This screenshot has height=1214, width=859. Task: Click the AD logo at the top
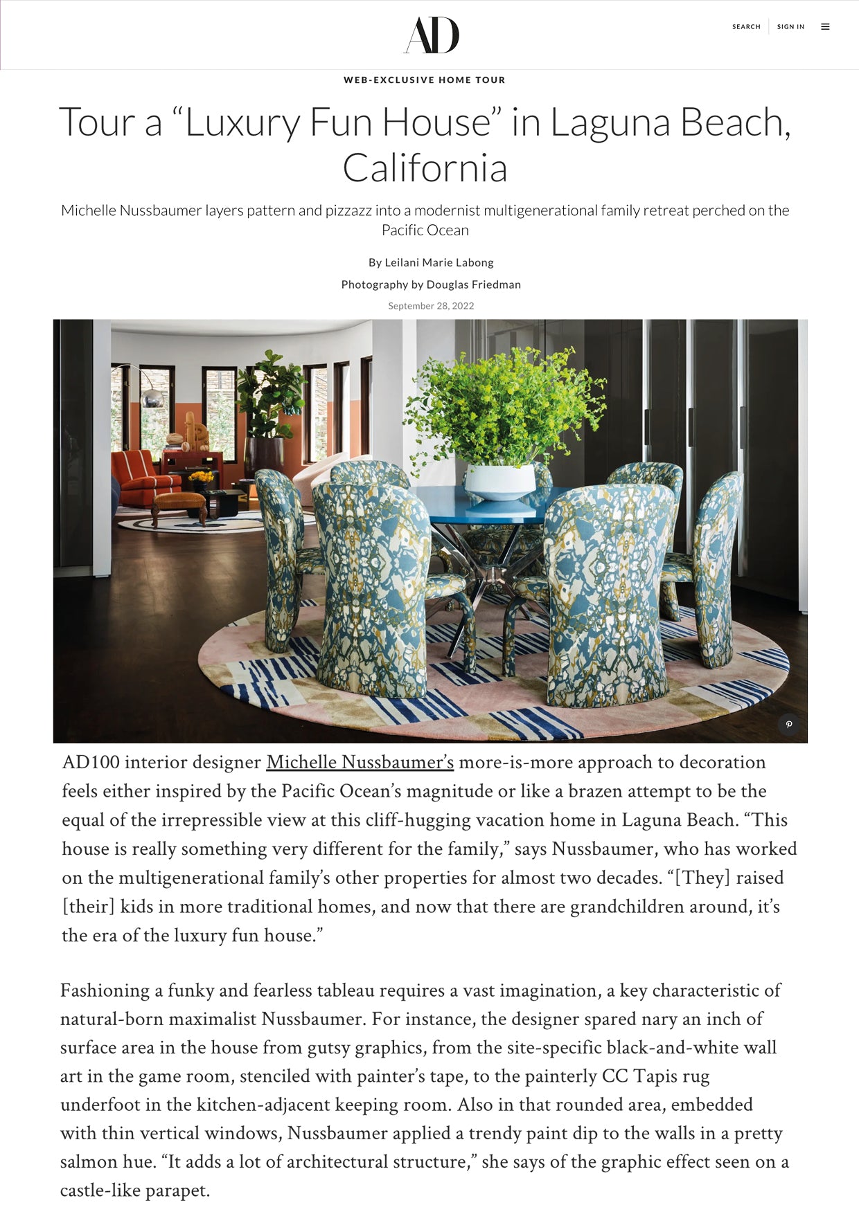pyautogui.click(x=431, y=35)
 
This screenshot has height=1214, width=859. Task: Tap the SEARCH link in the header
pyautogui.click(x=746, y=27)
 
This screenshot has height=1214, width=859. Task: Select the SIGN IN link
pyautogui.click(x=790, y=27)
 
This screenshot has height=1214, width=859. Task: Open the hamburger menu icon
pyautogui.click(x=825, y=27)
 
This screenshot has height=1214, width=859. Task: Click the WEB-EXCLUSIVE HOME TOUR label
pyautogui.click(x=424, y=80)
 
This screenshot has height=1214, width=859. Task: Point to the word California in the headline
pyautogui.click(x=425, y=168)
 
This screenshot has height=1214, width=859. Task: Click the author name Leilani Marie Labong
pyautogui.click(x=439, y=263)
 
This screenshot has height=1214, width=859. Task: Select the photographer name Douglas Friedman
pyautogui.click(x=473, y=284)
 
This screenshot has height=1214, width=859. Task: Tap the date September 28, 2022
pyautogui.click(x=431, y=306)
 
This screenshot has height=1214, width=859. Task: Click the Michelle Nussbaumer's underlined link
pyautogui.click(x=360, y=763)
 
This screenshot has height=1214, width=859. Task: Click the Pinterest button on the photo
pyautogui.click(x=788, y=725)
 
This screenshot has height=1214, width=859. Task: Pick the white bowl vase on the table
pyautogui.click(x=499, y=480)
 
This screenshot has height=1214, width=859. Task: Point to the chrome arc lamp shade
pyautogui.click(x=153, y=397)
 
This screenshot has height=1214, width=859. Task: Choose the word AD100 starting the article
pyautogui.click(x=90, y=763)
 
